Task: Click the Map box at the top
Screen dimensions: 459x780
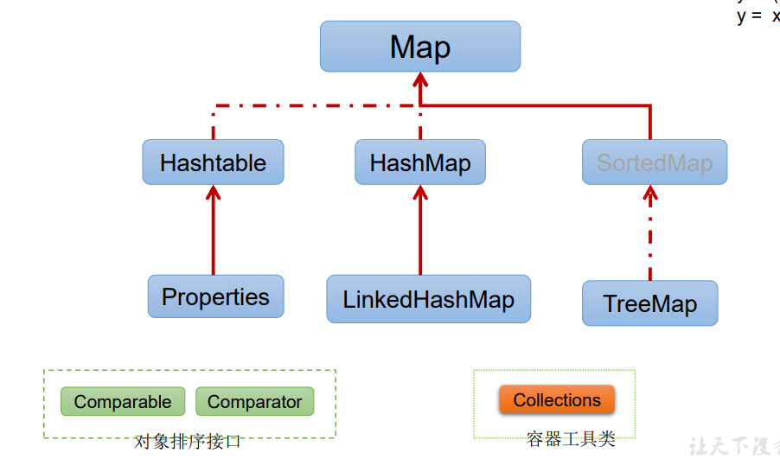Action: click(420, 47)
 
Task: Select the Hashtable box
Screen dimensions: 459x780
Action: click(213, 163)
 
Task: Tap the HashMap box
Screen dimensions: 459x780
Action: click(420, 163)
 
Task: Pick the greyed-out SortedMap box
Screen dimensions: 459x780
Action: click(655, 163)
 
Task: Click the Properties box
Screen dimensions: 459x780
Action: click(215, 296)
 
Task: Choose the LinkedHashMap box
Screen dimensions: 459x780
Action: click(428, 299)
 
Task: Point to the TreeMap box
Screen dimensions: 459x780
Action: click(649, 303)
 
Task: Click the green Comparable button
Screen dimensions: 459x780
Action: click(123, 402)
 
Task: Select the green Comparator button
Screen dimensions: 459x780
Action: click(254, 402)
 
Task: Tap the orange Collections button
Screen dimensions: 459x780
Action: click(557, 400)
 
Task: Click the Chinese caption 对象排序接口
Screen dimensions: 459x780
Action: click(188, 442)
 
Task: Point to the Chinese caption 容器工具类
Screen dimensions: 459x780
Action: click(571, 439)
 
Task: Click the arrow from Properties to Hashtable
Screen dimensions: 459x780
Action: click(213, 233)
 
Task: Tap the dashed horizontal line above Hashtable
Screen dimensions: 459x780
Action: click(311, 105)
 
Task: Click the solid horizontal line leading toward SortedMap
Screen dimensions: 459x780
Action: click(536, 105)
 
